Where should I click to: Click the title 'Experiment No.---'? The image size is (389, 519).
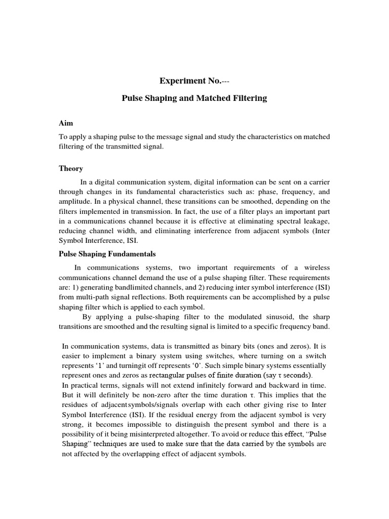194,81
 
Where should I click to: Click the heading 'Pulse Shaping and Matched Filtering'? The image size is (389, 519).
194,98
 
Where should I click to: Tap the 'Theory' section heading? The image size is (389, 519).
71,168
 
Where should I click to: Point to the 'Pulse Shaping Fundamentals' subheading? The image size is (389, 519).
107,253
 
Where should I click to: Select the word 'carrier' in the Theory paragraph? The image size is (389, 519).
316,182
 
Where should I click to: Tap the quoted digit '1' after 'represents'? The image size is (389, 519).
104,365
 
